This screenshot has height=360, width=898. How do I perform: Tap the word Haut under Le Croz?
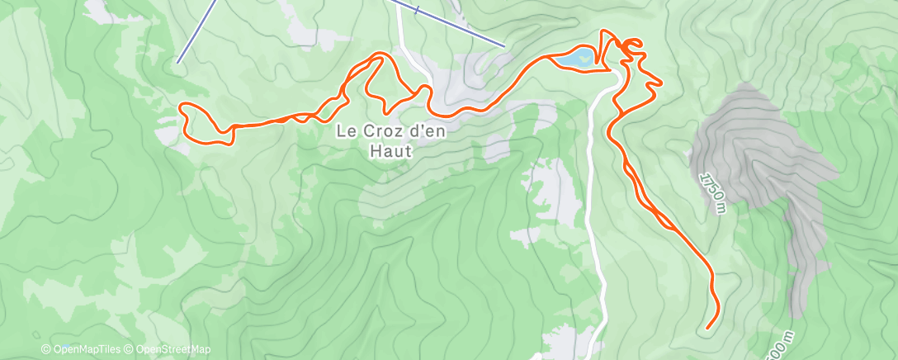390,152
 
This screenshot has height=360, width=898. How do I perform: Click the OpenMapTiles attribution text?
84,350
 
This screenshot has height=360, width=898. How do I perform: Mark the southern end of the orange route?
708,329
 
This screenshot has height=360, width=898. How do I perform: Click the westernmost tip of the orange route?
181,107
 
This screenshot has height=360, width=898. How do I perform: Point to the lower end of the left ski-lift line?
177,61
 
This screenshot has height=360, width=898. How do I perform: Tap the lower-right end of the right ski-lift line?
503,45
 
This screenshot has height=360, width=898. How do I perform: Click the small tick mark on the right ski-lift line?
418,10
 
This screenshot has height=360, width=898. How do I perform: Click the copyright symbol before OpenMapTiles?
46,350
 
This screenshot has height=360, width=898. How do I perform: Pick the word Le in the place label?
345,130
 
